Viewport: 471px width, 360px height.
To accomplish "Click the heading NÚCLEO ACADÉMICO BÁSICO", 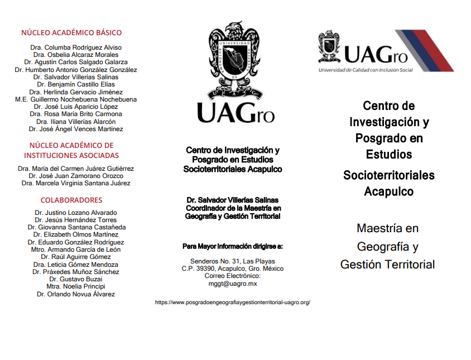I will pyautogui.click(x=71, y=33).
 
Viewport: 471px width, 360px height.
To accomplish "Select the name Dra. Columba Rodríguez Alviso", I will pyautogui.click(x=76, y=47).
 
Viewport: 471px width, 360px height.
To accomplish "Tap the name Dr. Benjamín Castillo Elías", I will pyautogui.click(x=76, y=84).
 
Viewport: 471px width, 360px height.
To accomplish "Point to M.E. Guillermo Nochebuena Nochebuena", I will pyautogui.click(x=76, y=99).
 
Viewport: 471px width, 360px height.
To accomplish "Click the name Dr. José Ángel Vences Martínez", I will pyautogui.click(x=76, y=129).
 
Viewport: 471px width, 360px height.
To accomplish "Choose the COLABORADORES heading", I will pyautogui.click(x=71, y=200).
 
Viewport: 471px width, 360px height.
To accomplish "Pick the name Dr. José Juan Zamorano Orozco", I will pyautogui.click(x=76, y=176).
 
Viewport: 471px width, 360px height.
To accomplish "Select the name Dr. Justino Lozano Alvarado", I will pyautogui.click(x=76, y=213).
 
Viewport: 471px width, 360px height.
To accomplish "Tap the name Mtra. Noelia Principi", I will pyautogui.click(x=76, y=286).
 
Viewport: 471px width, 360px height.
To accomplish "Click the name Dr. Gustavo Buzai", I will pyautogui.click(x=76, y=279).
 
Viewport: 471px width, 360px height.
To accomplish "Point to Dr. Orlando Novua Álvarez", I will pyautogui.click(x=76, y=294).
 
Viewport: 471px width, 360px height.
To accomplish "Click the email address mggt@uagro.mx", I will pyautogui.click(x=233, y=283).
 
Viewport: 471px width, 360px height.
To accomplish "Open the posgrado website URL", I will pyautogui.click(x=232, y=302).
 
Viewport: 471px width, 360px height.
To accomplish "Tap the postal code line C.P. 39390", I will pyautogui.click(x=233, y=268).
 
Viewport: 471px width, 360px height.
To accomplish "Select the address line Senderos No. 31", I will pyautogui.click(x=233, y=261).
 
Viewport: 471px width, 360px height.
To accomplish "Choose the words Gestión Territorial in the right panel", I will pyautogui.click(x=387, y=265).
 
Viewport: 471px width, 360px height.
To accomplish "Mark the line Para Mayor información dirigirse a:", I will pyautogui.click(x=233, y=246).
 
